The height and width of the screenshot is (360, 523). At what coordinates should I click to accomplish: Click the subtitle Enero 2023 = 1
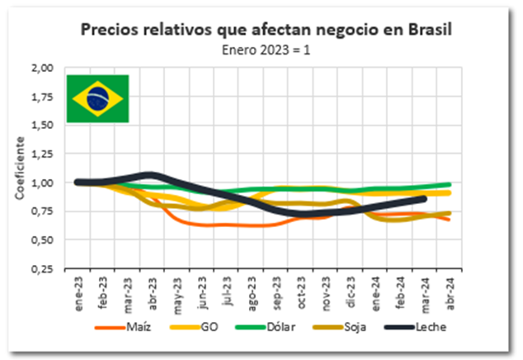269,49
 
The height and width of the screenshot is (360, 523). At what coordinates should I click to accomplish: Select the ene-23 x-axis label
79,291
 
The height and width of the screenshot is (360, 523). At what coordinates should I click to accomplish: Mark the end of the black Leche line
424,198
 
